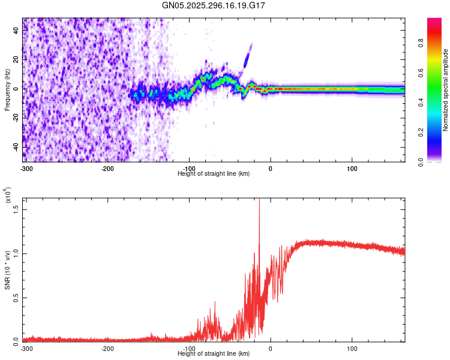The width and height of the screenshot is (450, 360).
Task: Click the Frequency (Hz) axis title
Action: [7, 89]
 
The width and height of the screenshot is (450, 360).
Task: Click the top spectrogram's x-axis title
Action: [214, 173]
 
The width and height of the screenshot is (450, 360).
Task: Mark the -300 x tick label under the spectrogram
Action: [26, 168]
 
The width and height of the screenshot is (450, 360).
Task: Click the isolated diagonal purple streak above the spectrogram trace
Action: [247, 56]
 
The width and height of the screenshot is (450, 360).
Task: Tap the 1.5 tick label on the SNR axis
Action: [16, 208]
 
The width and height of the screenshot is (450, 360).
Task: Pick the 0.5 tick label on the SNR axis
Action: [16, 296]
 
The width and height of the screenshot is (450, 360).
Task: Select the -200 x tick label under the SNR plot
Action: [107, 348]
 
